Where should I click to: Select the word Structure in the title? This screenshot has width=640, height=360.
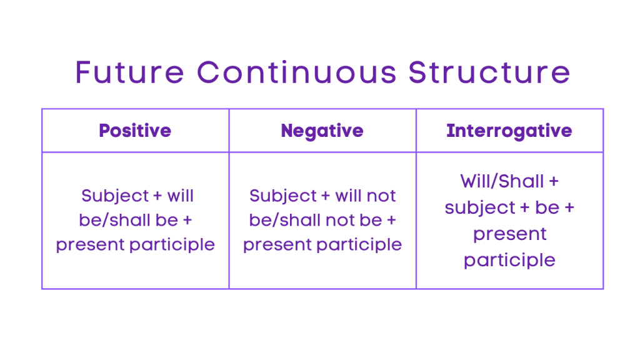(x=489, y=72)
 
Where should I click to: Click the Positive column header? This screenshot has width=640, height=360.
(x=135, y=131)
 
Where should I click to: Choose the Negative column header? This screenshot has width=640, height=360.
(x=322, y=131)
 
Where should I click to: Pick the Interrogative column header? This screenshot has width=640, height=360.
(x=509, y=131)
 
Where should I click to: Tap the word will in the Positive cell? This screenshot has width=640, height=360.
(x=181, y=196)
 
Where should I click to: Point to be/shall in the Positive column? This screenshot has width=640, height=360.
(x=112, y=220)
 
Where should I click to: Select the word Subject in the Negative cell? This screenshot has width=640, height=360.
(x=283, y=196)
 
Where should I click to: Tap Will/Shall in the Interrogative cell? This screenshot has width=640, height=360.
(x=502, y=181)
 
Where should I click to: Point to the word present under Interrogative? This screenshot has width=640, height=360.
(x=509, y=234)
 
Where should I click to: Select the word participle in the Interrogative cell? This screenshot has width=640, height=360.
(x=509, y=260)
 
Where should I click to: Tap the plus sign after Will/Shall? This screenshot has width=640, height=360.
(x=552, y=182)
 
